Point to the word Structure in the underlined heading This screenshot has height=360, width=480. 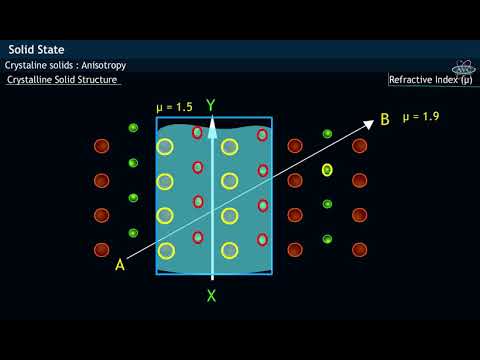[99, 79]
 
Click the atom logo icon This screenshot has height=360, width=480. [463, 67]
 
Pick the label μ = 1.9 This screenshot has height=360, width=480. [421, 117]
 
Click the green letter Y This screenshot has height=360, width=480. [211, 105]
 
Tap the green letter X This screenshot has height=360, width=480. [211, 295]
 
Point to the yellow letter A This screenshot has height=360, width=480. [120, 264]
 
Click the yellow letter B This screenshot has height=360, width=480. [385, 121]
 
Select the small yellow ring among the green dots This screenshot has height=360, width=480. [327, 170]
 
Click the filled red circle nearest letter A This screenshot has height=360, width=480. [101, 249]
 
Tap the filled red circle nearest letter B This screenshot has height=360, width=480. [359, 146]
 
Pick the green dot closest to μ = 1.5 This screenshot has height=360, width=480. [133, 128]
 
